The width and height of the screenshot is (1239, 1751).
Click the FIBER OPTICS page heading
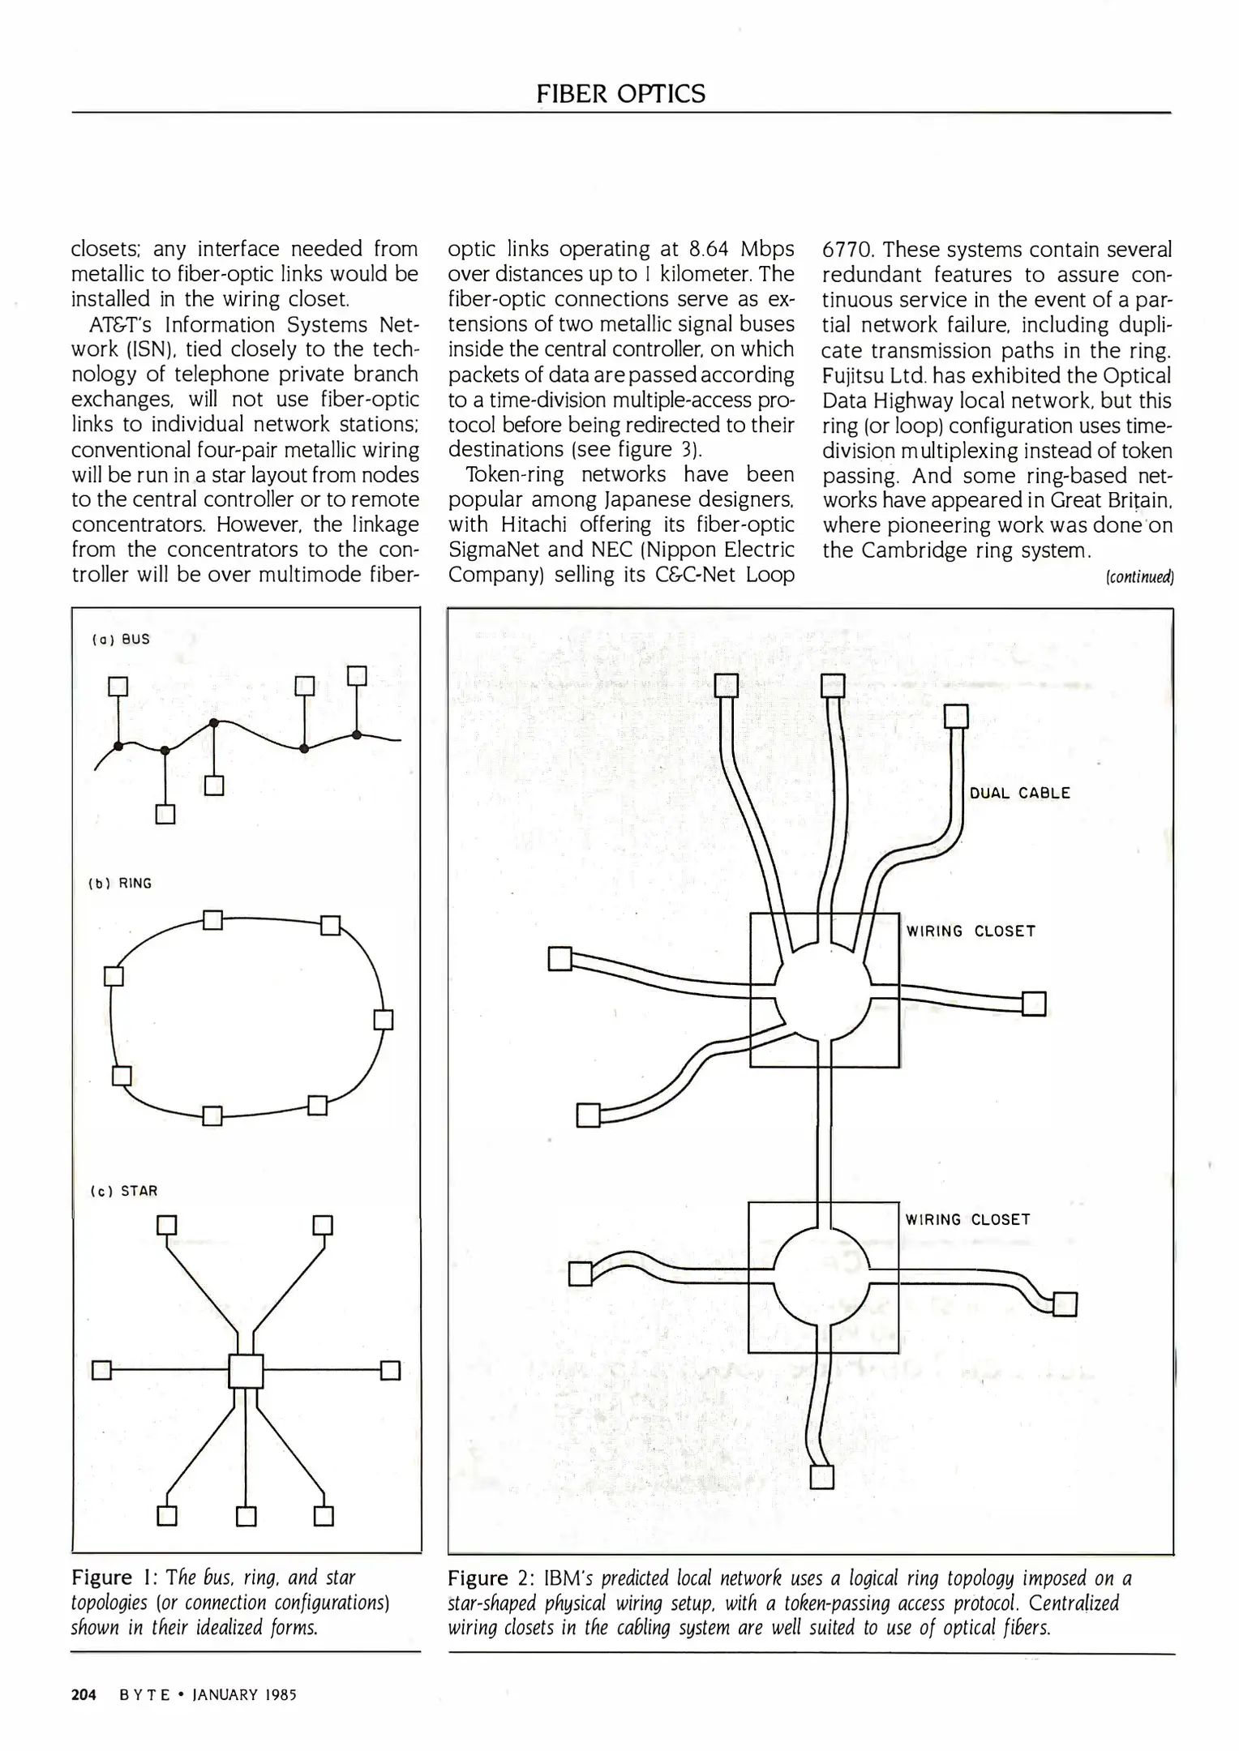click(620, 94)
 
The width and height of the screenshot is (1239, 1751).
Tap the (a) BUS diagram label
click(121, 639)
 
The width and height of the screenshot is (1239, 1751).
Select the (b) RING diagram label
click(120, 883)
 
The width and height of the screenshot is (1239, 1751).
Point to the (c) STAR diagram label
click(124, 1191)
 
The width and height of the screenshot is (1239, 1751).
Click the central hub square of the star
click(246, 1371)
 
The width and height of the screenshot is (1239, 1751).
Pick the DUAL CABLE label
click(1019, 793)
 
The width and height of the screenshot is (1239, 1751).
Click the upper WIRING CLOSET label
click(971, 931)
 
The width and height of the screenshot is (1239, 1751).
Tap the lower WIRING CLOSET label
click(967, 1219)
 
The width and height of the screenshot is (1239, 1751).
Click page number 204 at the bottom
click(84, 1694)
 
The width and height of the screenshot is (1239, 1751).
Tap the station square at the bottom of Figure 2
click(821, 1476)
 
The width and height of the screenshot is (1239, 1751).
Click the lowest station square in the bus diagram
click(165, 814)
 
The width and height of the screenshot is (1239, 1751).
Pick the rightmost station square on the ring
click(384, 1019)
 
